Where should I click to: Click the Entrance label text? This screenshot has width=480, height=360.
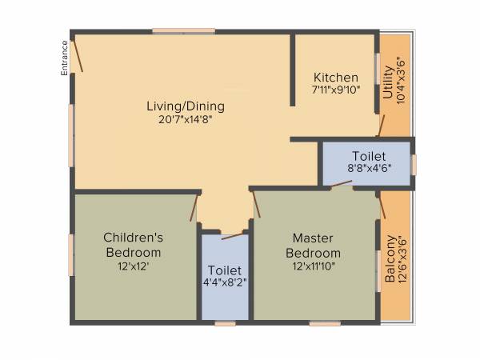tap(63, 59)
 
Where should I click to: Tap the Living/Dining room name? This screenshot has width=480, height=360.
tap(185, 106)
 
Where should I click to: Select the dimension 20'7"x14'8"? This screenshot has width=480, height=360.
tap(185, 119)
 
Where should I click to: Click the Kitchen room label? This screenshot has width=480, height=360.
tap(335, 78)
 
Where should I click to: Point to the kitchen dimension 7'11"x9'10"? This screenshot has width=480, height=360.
tap(335, 90)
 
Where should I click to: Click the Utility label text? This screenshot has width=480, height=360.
tap(388, 82)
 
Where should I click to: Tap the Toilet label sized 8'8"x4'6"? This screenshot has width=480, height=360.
tap(369, 156)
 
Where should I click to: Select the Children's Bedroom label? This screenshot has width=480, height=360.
tap(134, 244)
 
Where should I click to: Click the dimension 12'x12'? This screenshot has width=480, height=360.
tap(134, 266)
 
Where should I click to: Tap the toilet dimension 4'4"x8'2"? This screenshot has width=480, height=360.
tap(225, 282)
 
